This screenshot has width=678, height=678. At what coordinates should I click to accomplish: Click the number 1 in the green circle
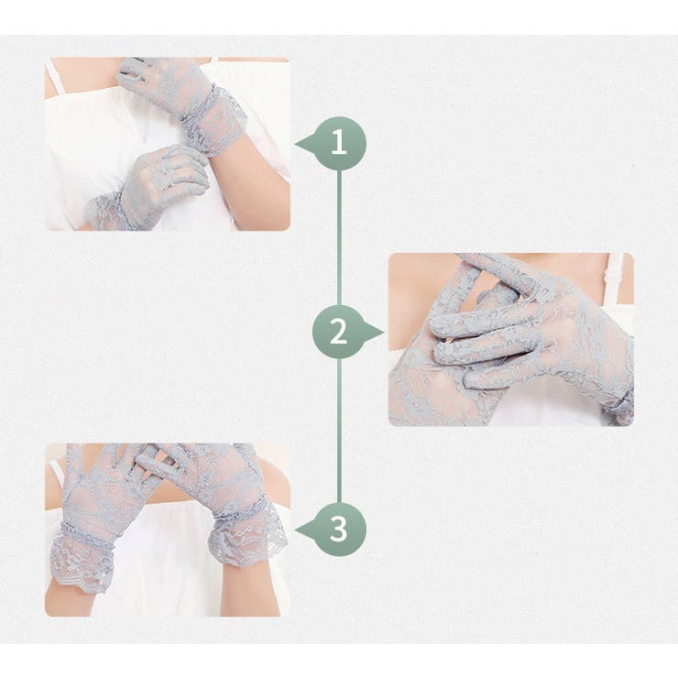click(339, 142)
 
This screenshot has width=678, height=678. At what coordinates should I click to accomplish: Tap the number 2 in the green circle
click(338, 332)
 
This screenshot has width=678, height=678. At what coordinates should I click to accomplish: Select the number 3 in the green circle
click(338, 529)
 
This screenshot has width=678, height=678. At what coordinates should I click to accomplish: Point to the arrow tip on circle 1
click(296, 145)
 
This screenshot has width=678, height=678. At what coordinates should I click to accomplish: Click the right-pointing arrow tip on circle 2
click(383, 332)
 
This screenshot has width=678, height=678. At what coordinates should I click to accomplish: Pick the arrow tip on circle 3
click(296, 530)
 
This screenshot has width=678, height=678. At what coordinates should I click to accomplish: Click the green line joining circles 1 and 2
click(339, 238)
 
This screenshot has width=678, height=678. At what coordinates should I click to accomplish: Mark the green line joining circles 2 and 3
click(339, 431)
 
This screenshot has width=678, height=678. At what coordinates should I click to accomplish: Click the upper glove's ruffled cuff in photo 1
click(214, 119)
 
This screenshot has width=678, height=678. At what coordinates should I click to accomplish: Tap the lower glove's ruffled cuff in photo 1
click(107, 213)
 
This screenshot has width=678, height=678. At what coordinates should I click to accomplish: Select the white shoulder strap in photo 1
click(55, 78)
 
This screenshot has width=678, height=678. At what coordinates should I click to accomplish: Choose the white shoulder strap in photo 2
click(618, 277)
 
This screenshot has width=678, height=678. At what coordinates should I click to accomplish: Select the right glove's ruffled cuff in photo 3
click(246, 531)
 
